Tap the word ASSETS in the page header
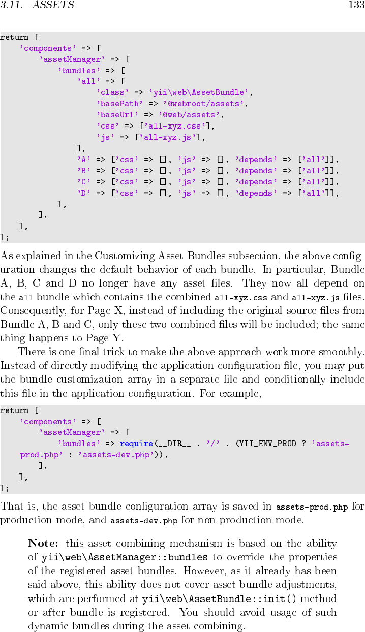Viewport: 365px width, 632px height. pos(53,6)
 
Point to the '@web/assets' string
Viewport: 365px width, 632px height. pos(191,115)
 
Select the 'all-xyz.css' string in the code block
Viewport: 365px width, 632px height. pos(176,126)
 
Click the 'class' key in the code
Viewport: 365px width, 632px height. pos(113,92)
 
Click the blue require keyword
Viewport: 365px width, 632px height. pos(136,444)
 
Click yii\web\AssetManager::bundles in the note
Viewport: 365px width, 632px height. pos(124,557)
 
